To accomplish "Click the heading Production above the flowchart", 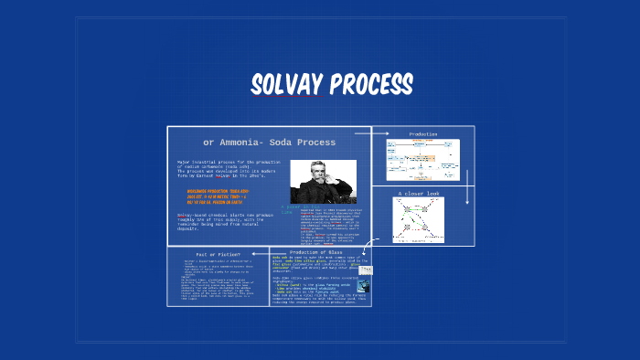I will click(x=422, y=134).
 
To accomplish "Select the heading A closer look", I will click(x=418, y=194).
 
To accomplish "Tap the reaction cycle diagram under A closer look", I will click(x=418, y=220).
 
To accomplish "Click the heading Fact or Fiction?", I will click(x=219, y=253).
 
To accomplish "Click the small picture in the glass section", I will click(x=363, y=285).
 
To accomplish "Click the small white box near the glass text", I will click(x=365, y=270).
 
